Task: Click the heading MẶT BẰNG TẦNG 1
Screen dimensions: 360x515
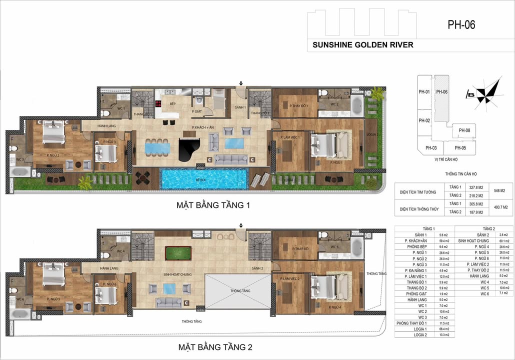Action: click(x=212, y=205)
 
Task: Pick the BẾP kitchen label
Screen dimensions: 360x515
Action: click(x=172, y=104)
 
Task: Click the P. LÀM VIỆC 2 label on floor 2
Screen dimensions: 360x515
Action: click(x=290, y=278)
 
